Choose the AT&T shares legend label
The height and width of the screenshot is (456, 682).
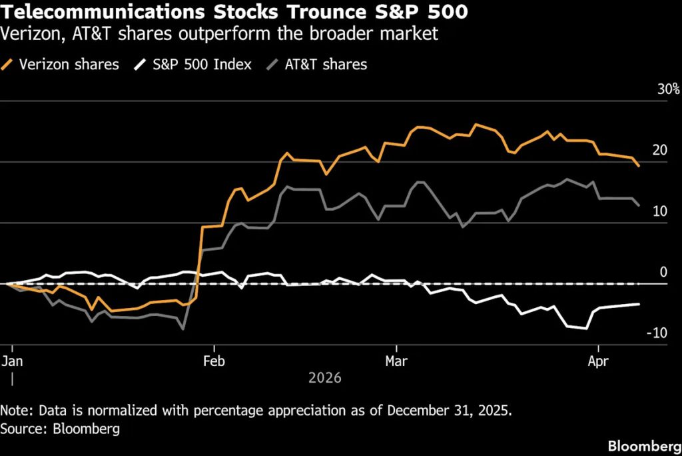pyautogui.click(x=326, y=64)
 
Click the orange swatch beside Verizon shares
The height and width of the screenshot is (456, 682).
pyautogui.click(x=9, y=64)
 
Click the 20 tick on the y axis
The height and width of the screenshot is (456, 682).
pyautogui.click(x=659, y=151)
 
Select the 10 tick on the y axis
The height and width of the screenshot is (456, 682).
pyautogui.click(x=659, y=211)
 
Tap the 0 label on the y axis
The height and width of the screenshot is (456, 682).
pyautogui.click(x=663, y=272)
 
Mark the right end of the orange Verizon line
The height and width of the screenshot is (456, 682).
pyautogui.click(x=639, y=166)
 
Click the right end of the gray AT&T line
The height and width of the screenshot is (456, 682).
pyautogui.click(x=639, y=205)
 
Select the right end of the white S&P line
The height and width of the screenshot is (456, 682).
pyautogui.click(x=639, y=304)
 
